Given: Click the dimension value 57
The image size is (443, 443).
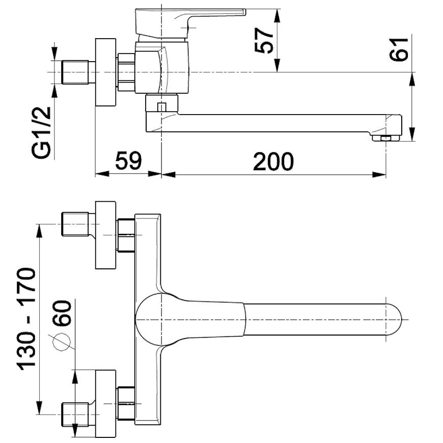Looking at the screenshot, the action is (x=264, y=40).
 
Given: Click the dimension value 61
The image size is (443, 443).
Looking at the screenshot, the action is (x=399, y=49).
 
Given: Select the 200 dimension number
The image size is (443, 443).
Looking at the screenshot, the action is (x=273, y=161).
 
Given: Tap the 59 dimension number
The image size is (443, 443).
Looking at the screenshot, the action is (x=128, y=161).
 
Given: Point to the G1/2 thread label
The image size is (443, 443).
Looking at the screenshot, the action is (x=41, y=133).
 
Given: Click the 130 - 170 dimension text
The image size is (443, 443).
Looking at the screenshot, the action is (x=27, y=319).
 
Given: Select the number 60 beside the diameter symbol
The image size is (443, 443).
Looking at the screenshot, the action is (x=62, y=313).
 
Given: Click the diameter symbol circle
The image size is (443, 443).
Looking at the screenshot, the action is (x=62, y=342).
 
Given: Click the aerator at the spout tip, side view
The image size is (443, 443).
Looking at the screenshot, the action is (x=386, y=138).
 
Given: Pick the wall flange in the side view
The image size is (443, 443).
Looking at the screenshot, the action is (x=105, y=72).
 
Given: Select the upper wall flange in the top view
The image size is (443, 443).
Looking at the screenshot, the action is (x=105, y=235).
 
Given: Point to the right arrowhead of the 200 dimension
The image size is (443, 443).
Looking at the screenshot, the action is (x=379, y=174).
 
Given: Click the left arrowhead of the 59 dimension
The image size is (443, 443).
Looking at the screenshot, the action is (x=102, y=174).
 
